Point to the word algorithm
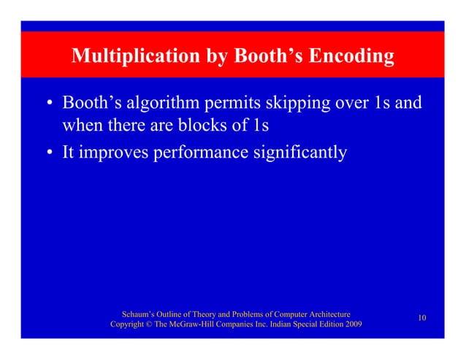[161, 104]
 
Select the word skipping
[300, 104]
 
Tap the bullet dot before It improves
[50, 154]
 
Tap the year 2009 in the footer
[349, 323]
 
